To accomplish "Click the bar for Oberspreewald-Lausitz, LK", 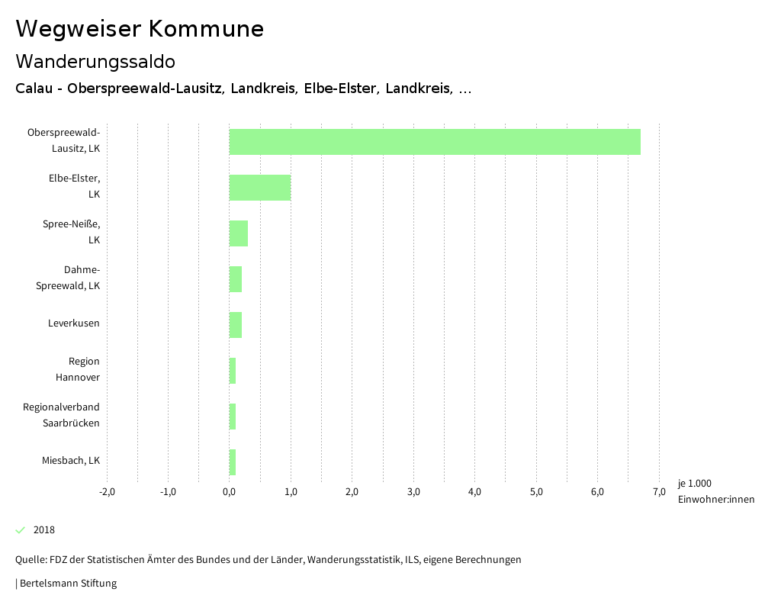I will click(435, 142).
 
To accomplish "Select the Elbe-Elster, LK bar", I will click(260, 188).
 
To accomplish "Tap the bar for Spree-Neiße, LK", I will click(239, 233).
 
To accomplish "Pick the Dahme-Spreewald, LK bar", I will click(236, 279).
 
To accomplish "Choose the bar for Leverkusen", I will click(236, 325).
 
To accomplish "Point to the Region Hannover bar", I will click(233, 371).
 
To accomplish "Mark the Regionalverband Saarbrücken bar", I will click(233, 417).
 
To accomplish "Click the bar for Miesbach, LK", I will click(233, 462).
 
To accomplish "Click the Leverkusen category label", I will click(74, 323).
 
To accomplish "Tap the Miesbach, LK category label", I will click(71, 461).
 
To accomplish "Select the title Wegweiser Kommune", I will click(140, 29).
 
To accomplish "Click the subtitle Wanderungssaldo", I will click(95, 61).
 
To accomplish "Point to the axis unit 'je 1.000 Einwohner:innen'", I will click(715, 491).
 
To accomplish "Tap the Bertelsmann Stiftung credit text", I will click(67, 584).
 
